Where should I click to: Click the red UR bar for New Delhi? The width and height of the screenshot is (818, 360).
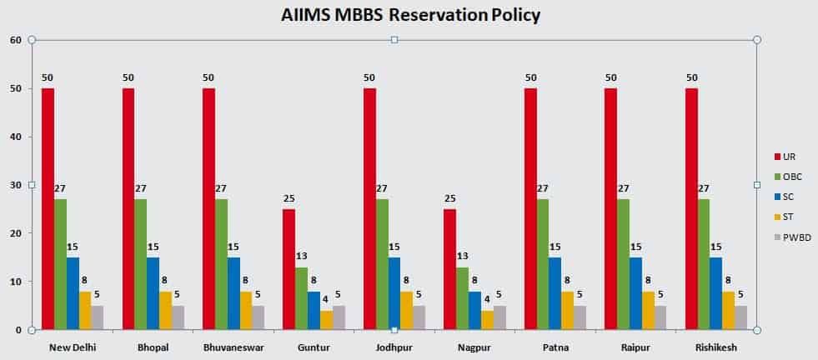click(x=48, y=208)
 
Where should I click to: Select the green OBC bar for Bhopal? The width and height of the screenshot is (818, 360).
click(x=141, y=264)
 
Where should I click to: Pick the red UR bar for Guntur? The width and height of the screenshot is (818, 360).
click(x=289, y=269)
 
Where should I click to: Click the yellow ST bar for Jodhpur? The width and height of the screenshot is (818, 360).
click(x=407, y=310)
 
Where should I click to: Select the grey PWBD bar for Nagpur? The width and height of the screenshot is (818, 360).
click(x=499, y=317)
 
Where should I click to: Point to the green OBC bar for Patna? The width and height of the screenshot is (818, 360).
click(x=543, y=264)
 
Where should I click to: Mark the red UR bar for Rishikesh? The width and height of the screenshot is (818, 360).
click(x=691, y=208)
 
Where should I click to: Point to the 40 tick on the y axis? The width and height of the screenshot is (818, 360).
click(x=16, y=137)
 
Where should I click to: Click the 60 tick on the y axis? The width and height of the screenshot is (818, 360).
click(x=16, y=40)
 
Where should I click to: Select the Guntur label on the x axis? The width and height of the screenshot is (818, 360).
click(x=313, y=347)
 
